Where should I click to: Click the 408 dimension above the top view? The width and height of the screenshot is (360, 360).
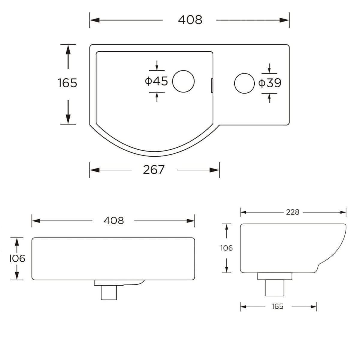point(190,20)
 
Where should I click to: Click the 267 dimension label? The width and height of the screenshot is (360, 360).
point(154,170)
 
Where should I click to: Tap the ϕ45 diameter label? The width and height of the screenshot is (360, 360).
point(156,81)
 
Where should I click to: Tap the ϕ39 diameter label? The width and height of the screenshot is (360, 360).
point(270,83)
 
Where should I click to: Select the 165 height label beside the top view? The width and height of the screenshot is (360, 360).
point(67,83)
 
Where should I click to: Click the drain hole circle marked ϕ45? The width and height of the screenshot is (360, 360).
point(183,81)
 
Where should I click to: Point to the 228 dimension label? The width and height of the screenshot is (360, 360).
point(292,212)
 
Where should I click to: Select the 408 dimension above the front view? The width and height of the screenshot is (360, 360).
point(114,221)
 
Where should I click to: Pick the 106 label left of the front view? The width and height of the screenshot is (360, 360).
point(17,258)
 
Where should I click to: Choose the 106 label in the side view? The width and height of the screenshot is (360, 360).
point(226,248)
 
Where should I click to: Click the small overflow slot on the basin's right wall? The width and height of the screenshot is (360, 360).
point(212,85)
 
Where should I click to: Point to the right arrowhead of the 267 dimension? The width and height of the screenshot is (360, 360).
point(215,170)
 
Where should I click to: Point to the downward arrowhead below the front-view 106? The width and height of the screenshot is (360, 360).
point(17,276)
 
